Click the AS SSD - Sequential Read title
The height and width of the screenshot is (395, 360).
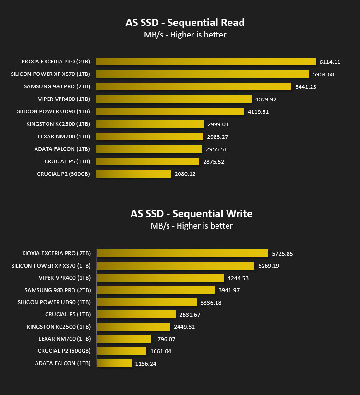pyautogui.click(x=185, y=23)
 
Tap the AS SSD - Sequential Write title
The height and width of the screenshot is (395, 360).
pyautogui.click(x=192, y=214)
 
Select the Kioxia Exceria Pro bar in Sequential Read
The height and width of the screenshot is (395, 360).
pyautogui.click(x=206, y=62)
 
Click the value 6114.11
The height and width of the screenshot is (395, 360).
pyautogui.click(x=330, y=62)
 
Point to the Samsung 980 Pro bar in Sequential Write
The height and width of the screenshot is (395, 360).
pyautogui.click(x=156, y=290)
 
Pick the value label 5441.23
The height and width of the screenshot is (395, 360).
pyautogui.click(x=306, y=87)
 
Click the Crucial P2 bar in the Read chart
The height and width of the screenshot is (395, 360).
pyautogui.click(x=133, y=174)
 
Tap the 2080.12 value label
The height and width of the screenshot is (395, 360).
pyautogui.click(x=185, y=174)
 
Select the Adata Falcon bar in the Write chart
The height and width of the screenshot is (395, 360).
pyautogui.click(x=114, y=363)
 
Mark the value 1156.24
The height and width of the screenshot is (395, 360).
pyautogui.click(x=145, y=364)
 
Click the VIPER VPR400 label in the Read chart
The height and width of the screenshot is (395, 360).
pyautogui.click(x=64, y=99)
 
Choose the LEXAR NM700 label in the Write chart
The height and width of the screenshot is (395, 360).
pyautogui.click(x=65, y=339)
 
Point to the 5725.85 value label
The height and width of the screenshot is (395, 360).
pyautogui.click(x=283, y=254)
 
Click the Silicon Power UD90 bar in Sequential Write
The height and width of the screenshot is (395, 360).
pyautogui.click(x=147, y=302)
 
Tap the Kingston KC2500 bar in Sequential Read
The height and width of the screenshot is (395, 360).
pyautogui.click(x=150, y=124)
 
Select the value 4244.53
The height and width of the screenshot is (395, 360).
pyautogui.click(x=238, y=278)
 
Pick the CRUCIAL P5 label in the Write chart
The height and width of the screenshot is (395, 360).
pyautogui.click(x=68, y=314)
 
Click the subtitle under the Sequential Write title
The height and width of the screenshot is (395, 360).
pyautogui.click(x=192, y=226)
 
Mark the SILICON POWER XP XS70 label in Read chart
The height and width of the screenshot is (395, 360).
pyautogui.click(x=50, y=74)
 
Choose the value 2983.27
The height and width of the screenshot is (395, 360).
pyautogui.click(x=217, y=137)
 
